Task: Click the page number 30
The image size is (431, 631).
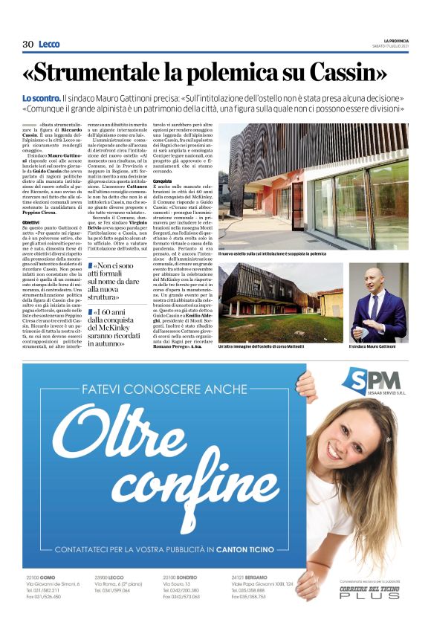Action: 28,44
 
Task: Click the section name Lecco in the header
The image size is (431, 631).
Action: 50,44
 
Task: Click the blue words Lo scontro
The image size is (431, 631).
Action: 39,99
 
